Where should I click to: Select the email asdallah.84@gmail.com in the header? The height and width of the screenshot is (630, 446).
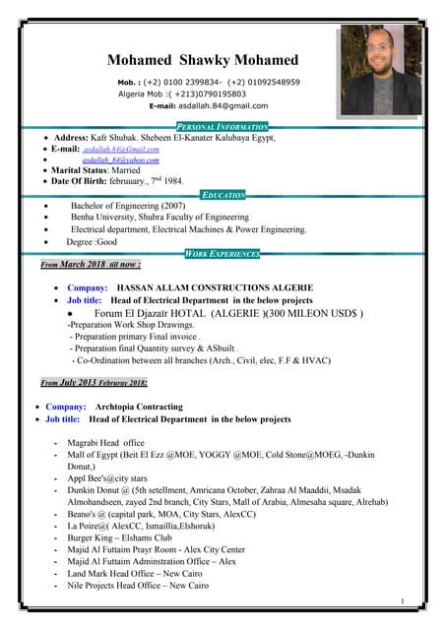(219, 105)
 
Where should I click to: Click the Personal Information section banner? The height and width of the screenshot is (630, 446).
(222, 127)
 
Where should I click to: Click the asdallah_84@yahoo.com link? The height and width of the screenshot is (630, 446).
(120, 159)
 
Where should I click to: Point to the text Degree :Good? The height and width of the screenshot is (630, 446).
(92, 241)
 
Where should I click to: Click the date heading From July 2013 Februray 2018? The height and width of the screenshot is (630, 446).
(95, 382)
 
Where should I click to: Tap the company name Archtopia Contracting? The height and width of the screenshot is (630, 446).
(139, 407)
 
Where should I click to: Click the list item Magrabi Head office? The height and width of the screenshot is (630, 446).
(105, 443)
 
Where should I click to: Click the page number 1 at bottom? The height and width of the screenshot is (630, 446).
(404, 600)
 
